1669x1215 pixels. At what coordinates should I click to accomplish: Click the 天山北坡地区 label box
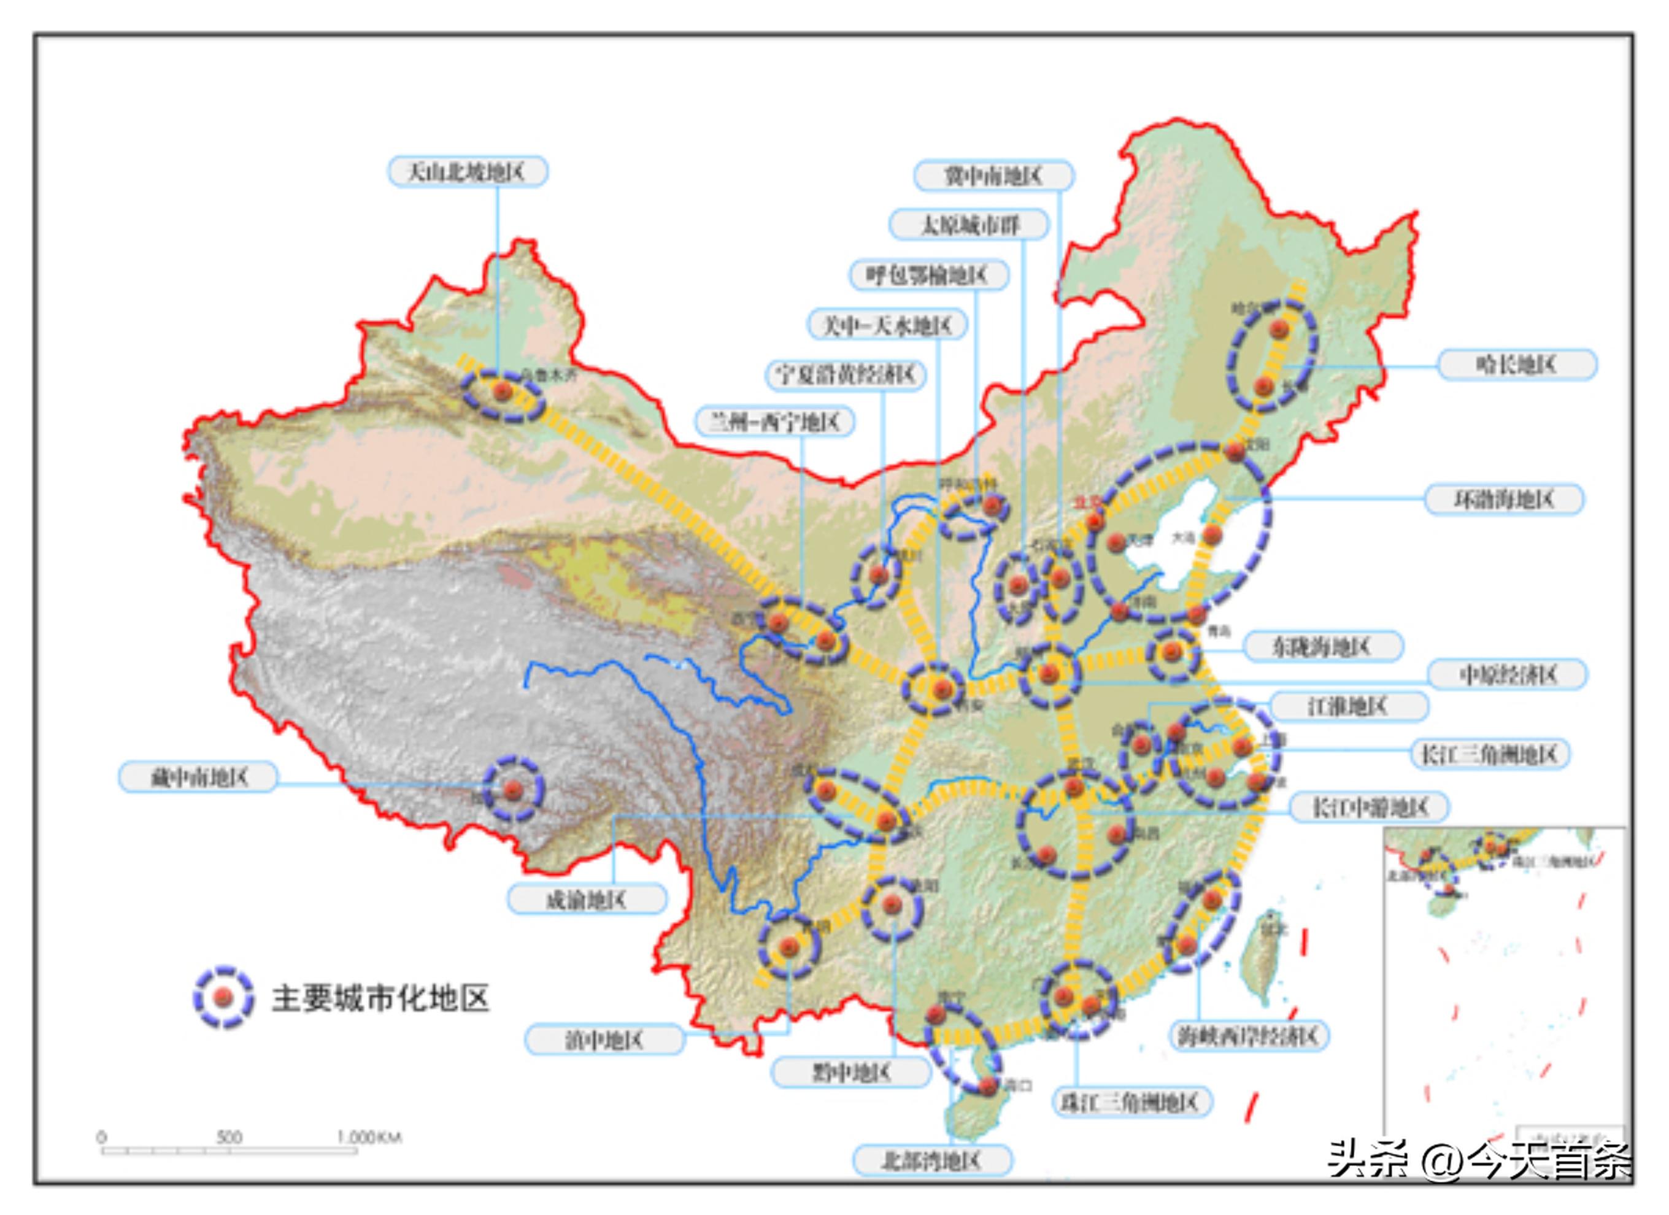coord(468,172)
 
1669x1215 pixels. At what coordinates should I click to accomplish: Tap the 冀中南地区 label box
coord(993,176)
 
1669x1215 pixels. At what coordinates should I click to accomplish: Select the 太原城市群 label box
coord(969,225)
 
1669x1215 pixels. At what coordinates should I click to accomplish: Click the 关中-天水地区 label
coord(887,325)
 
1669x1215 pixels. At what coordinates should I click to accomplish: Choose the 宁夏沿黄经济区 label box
coord(846,374)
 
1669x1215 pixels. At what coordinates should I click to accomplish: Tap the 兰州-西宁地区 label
coord(775,422)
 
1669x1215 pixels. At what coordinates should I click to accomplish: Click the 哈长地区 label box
coord(1517,364)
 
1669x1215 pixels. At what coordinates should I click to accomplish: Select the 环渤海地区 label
coord(1504,499)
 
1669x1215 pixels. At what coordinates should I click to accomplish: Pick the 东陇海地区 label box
coord(1323,647)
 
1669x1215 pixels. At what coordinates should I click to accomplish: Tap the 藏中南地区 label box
coord(199,777)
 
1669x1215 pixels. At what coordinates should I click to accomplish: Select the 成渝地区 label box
coord(587,900)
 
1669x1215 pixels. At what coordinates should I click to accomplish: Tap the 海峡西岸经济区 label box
coord(1249,1036)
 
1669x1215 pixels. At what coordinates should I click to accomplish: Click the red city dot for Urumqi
coord(503,391)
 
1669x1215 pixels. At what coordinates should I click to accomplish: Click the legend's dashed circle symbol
coord(224,997)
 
